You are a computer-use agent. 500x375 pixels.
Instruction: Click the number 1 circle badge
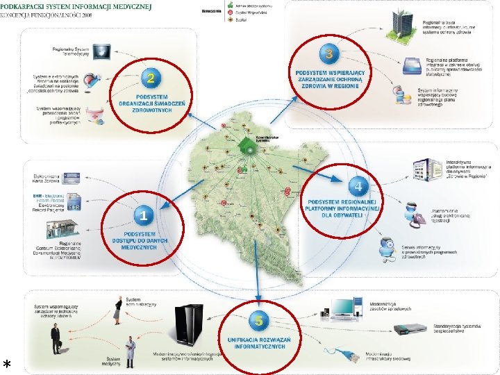click(x=143, y=216)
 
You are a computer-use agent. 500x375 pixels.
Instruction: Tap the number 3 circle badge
click(x=328, y=53)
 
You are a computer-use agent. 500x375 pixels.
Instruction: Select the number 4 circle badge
click(x=358, y=186)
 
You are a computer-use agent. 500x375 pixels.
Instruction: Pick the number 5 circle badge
click(x=258, y=321)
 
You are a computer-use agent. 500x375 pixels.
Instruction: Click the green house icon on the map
click(x=244, y=147)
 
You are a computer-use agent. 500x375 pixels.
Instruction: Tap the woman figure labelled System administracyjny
click(x=117, y=310)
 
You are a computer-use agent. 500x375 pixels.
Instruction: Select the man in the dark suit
click(x=56, y=338)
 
